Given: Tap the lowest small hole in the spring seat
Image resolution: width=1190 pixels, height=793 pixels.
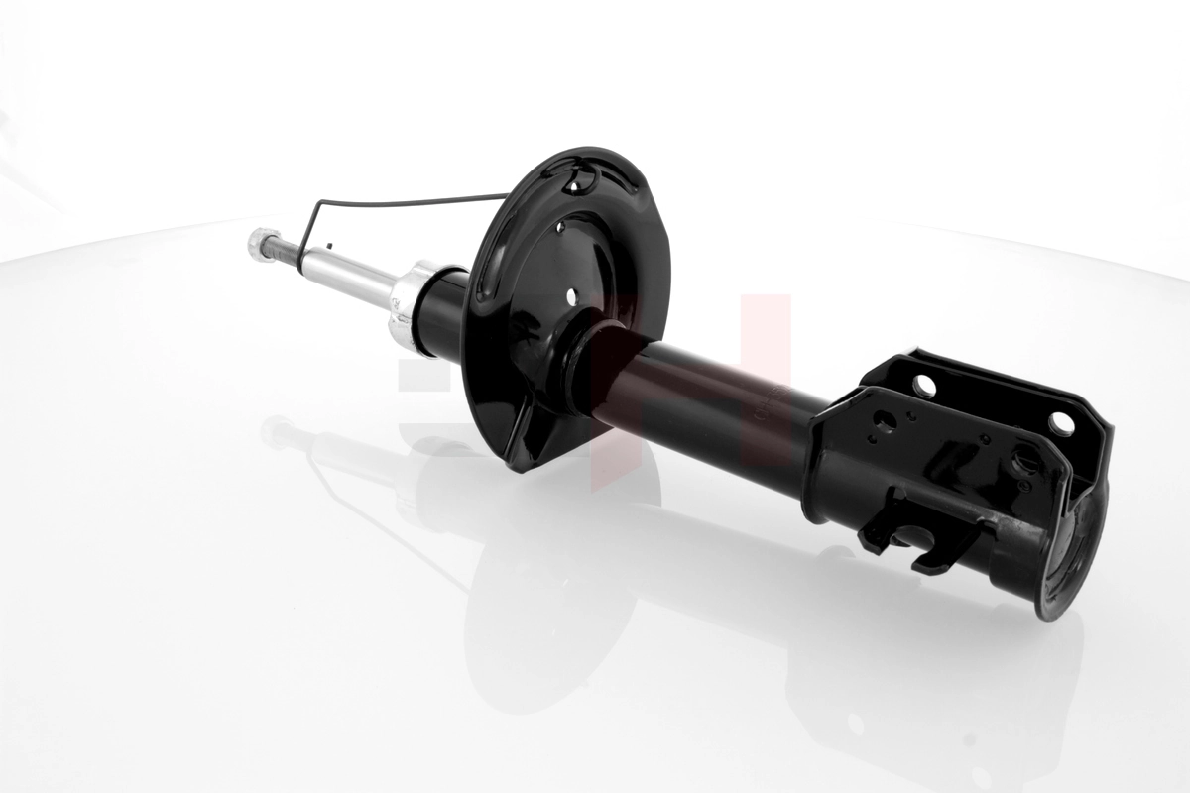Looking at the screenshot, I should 571,295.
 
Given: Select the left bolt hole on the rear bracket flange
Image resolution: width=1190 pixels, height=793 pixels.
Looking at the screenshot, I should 924,384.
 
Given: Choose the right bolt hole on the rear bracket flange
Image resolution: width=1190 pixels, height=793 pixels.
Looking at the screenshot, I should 1061,423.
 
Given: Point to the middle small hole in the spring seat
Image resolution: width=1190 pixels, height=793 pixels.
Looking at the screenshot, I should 560,228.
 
